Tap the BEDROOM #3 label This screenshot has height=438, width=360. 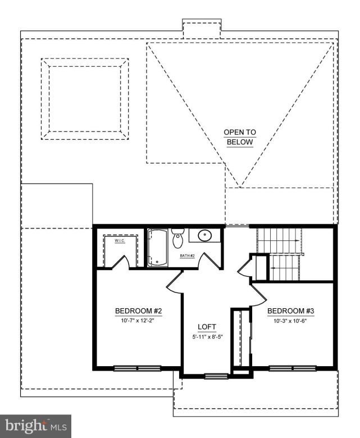coord(290,311)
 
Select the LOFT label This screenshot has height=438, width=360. coord(207,327)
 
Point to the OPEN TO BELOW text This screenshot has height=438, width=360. coord(240,137)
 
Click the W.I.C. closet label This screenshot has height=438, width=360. coord(120,241)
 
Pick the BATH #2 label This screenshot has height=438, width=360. coord(187,255)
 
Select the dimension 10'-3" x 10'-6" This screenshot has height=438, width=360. coord(290,321)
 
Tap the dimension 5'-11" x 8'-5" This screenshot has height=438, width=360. coord(207,337)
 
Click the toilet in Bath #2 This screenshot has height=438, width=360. coord(178,239)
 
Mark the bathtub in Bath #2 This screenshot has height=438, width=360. coord(158,248)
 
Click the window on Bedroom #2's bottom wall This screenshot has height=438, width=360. coord(138,368)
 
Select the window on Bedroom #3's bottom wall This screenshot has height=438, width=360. coord(291,368)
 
